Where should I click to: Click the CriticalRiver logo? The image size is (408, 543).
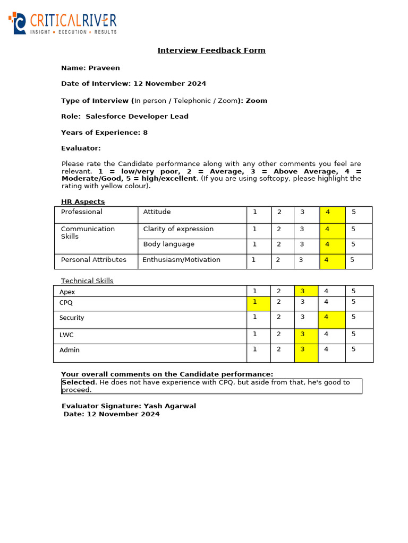[x=63, y=23]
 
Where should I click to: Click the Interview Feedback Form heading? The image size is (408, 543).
[x=211, y=50]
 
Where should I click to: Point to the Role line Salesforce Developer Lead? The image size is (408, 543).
[x=124, y=117]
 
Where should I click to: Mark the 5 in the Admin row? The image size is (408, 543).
[x=353, y=349]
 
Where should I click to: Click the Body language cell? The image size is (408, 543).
[x=169, y=244]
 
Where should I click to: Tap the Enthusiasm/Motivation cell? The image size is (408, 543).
[x=181, y=260]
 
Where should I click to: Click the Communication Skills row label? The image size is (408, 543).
[x=88, y=233]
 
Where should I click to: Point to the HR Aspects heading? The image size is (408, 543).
[x=83, y=202]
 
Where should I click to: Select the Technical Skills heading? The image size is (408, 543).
[x=87, y=281]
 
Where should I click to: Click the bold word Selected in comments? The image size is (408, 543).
[x=79, y=382]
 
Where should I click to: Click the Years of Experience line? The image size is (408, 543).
[x=104, y=133]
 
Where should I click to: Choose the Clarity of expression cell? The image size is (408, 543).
[x=178, y=229]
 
